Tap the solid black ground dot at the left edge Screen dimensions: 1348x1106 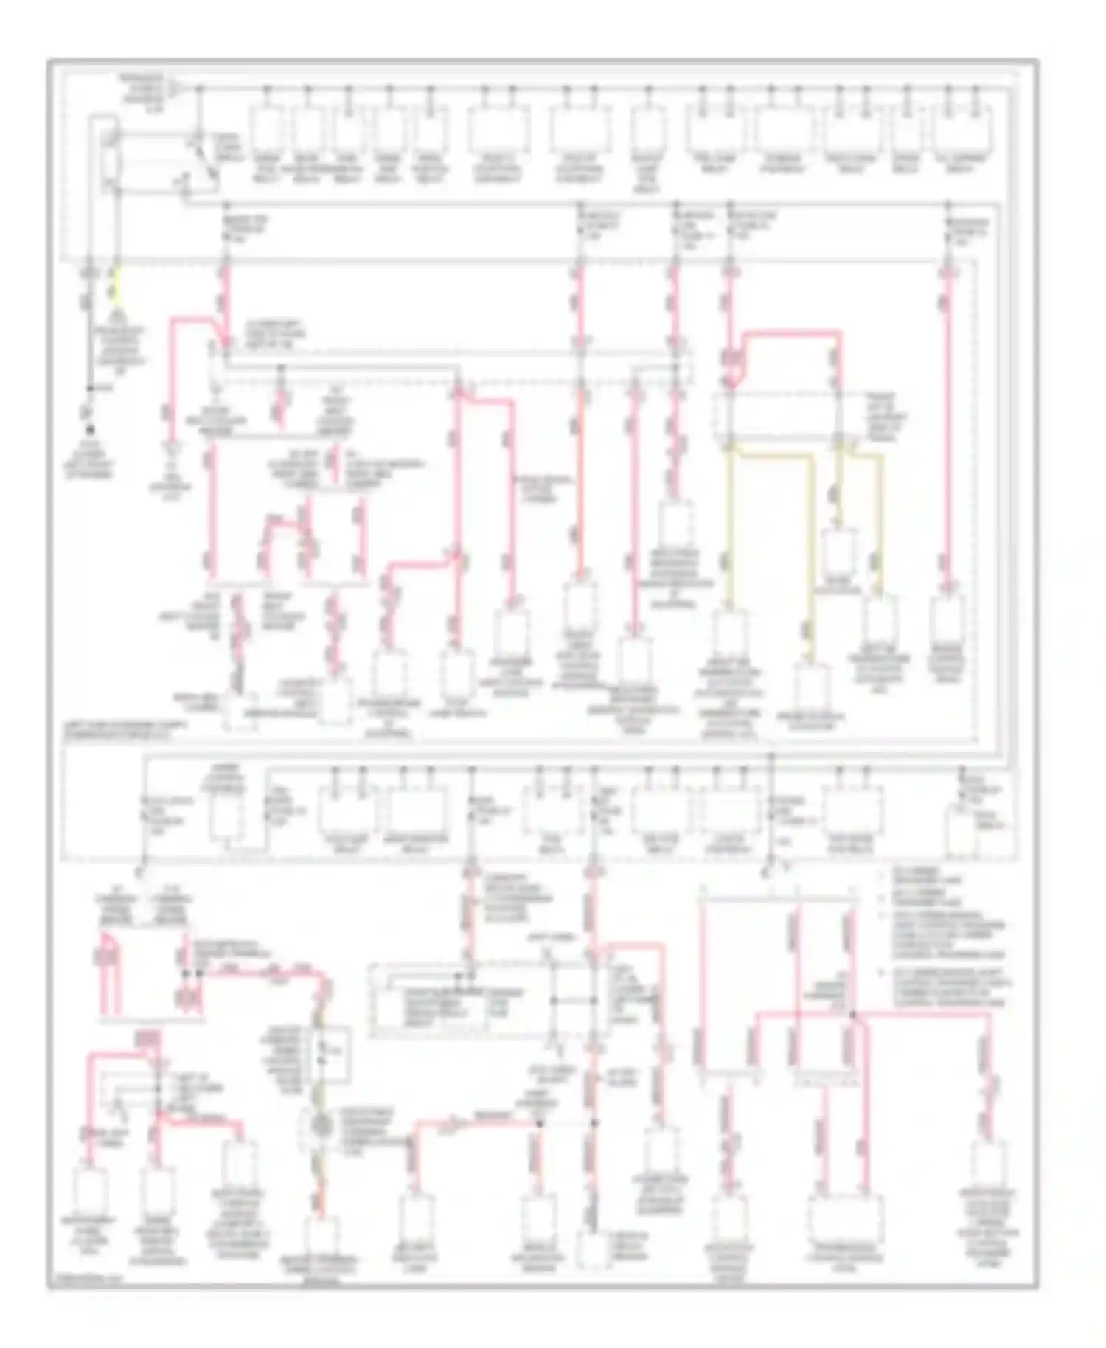point(91,428)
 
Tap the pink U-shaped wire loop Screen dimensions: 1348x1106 point(105,959)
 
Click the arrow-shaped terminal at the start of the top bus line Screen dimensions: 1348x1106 point(176,89)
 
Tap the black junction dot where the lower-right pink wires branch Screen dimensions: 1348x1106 point(852,1015)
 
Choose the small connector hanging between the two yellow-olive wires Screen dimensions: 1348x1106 point(840,550)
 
